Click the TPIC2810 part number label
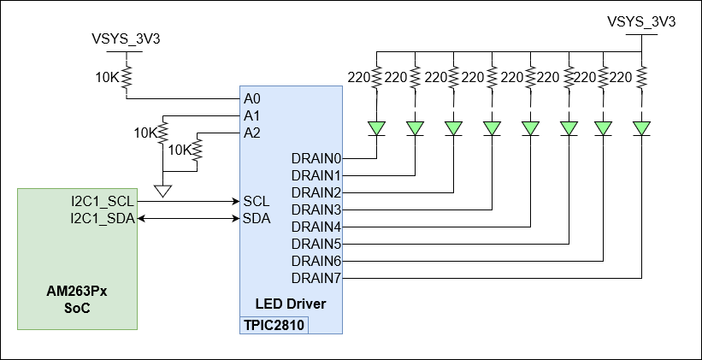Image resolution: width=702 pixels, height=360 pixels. coord(274,325)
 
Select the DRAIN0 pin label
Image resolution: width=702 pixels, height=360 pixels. coord(316,158)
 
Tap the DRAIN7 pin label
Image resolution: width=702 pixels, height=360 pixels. coord(316,278)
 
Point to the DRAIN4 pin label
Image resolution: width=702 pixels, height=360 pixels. coord(316,227)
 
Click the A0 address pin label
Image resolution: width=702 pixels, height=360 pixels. coord(252,98)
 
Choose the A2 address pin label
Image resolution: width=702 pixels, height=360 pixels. coord(252,133)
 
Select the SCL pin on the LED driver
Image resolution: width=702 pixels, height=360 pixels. coord(257,202)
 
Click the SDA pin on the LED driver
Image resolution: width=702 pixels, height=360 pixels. coord(257,219)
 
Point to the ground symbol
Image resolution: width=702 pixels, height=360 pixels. coord(162,189)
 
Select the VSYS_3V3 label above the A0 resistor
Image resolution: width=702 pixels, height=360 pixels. coord(127,38)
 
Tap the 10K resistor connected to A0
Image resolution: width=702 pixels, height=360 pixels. coord(127,79)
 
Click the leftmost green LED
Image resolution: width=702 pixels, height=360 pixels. coord(376,128)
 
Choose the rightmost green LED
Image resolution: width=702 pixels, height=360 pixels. coord(642,128)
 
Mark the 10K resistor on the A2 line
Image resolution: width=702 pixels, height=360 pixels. coord(197,150)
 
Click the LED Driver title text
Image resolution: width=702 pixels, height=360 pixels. coord(291,304)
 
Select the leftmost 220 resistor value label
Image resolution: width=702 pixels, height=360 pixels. coord(357,77)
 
